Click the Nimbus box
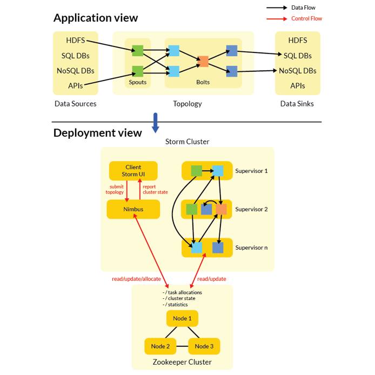[133, 209]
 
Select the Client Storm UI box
[133, 171]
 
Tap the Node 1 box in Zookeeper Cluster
[182, 318]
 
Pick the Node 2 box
[160, 346]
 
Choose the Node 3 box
[204, 346]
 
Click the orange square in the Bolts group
[203, 62]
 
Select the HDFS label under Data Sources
[75, 41]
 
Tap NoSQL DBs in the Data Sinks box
[297, 71]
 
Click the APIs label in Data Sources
[75, 86]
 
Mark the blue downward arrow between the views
[156, 123]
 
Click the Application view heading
[96, 18]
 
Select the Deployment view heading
[97, 133]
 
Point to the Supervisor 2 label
[251, 209]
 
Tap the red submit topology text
[115, 190]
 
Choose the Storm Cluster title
[187, 142]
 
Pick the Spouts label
[137, 82]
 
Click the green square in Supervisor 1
[196, 171]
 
